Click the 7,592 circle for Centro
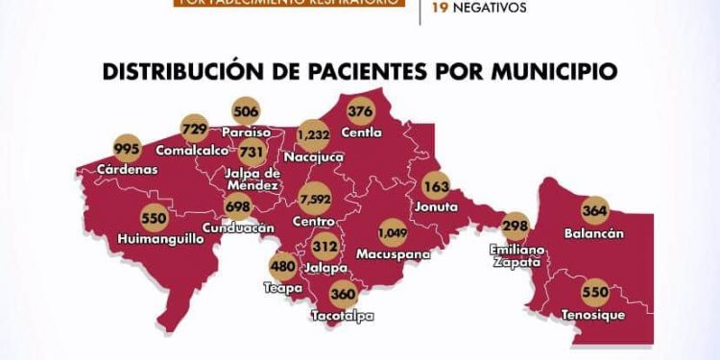click(316, 201)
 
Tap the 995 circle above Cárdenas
click(128, 150)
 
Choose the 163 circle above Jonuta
click(437, 186)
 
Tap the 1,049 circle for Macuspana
click(393, 231)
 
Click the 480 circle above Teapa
click(282, 268)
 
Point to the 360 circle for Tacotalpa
click(343, 294)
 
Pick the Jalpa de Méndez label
click(252, 179)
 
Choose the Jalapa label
click(325, 267)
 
